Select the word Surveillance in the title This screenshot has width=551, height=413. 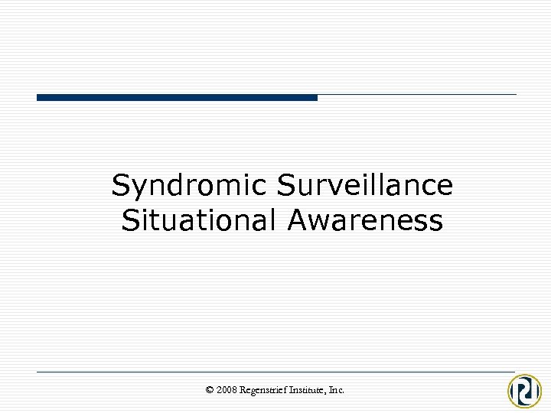tap(365, 185)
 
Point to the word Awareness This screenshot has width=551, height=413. tap(365, 220)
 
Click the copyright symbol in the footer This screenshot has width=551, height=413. tap(210, 390)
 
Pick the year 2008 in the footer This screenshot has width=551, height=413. tap(227, 390)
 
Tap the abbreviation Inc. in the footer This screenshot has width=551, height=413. tap(337, 390)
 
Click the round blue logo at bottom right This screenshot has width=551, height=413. tap(525, 391)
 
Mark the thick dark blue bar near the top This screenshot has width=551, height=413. tap(177, 97)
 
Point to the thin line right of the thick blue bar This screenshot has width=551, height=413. tap(417, 95)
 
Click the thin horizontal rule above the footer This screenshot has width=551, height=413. tap(275, 372)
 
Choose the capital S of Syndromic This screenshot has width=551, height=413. tap(120, 185)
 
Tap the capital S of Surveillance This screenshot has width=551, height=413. tap(286, 185)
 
